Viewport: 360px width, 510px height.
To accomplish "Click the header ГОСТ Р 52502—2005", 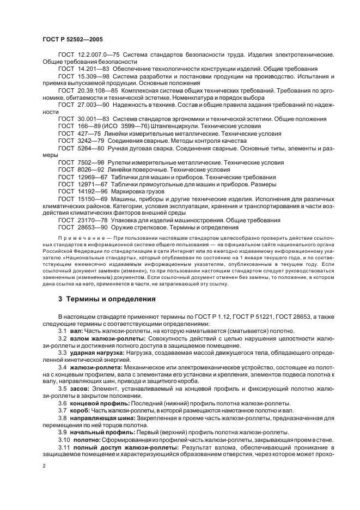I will pyautogui.click(x=72, y=39).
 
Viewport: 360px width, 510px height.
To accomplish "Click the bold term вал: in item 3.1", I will pyautogui.click(x=77, y=331).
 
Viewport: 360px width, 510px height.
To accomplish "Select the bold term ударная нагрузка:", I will pyautogui.click(x=97, y=353).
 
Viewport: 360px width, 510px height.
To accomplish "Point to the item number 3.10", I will pyautogui.click(x=64, y=439).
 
